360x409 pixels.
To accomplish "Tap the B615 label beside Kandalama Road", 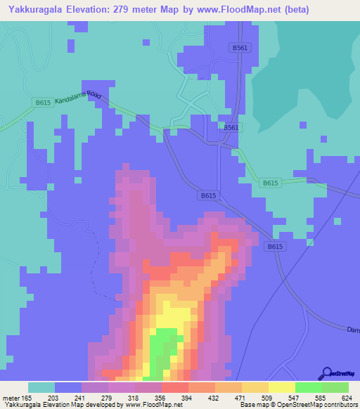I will pyautogui.click(x=43, y=103).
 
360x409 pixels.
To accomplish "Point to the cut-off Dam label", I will pyautogui.click(x=352, y=329).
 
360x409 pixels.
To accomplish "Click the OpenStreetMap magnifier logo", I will pyautogui.click(x=326, y=374).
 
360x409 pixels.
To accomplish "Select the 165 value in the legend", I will pyautogui.click(x=27, y=398).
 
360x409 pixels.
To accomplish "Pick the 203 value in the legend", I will pyautogui.click(x=54, y=398).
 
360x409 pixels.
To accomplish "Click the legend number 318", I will pyautogui.click(x=134, y=398).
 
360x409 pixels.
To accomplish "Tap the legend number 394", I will pyautogui.click(x=188, y=398).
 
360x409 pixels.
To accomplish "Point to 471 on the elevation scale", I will pyautogui.click(x=241, y=398).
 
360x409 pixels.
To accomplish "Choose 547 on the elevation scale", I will pyautogui.click(x=295, y=398).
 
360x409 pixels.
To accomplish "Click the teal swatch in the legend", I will pyautogui.click(x=41, y=387).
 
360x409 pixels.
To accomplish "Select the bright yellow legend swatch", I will pyautogui.click(x=281, y=387).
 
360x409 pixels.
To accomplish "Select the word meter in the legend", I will pyautogui.click(x=11, y=398).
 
